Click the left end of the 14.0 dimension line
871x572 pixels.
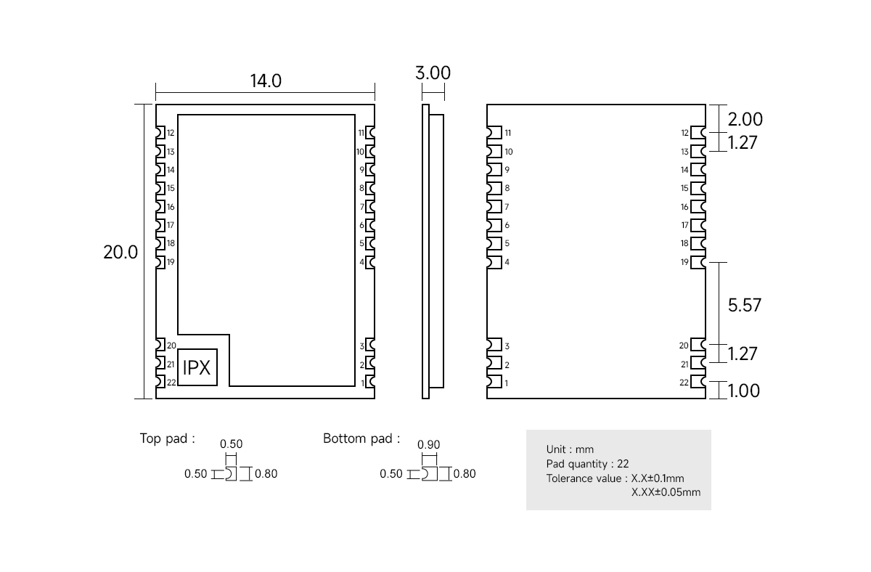pos(156,92)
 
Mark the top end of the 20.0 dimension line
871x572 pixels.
pos(144,105)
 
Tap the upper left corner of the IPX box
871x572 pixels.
pos(178,349)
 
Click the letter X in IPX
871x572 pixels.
pos(204,368)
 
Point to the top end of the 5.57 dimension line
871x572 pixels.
pos(719,263)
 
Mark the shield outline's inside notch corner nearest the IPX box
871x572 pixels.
pos(229,335)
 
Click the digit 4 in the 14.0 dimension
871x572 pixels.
pos(261,81)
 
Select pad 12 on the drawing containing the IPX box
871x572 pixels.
pos(160,133)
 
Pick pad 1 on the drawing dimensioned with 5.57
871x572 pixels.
pos(494,382)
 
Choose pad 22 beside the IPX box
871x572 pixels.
pos(160,382)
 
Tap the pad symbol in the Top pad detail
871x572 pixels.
pos(231,473)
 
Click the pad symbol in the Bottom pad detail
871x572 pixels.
pos(429,473)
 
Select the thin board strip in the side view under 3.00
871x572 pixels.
pos(426,251)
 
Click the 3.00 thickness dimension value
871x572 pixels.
pos(433,73)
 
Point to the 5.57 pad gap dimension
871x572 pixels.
pos(744,306)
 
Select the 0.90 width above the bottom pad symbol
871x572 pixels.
pos(428,444)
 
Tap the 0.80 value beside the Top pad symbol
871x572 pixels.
pos(266,473)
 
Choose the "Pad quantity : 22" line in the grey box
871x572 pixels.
pos(587,464)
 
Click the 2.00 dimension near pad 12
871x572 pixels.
pos(745,119)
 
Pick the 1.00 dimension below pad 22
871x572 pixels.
pos(743,391)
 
